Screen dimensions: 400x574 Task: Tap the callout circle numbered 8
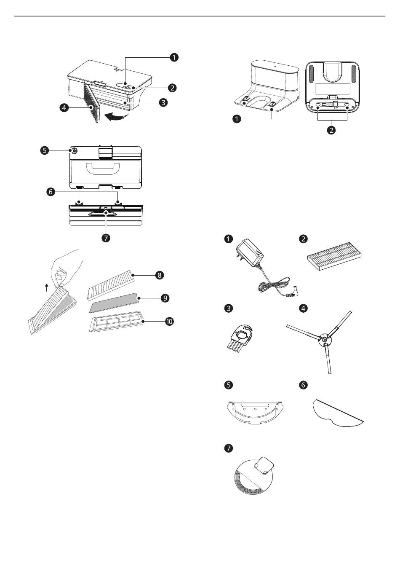pos(160,275)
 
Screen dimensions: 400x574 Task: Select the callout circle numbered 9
pos(165,298)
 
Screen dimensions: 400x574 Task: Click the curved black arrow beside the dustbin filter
pos(115,117)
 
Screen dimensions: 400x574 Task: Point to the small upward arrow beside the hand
pos(47,287)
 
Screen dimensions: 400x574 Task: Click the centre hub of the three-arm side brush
pos(325,339)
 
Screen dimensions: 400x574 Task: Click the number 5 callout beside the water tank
pos(45,150)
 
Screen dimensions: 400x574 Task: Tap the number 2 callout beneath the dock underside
pos(331,130)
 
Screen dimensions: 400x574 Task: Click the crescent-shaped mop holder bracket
pos(255,413)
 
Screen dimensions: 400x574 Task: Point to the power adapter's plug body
pos(249,253)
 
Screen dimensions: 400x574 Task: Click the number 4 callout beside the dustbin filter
pos(64,107)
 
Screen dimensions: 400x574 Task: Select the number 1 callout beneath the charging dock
pos(237,119)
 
